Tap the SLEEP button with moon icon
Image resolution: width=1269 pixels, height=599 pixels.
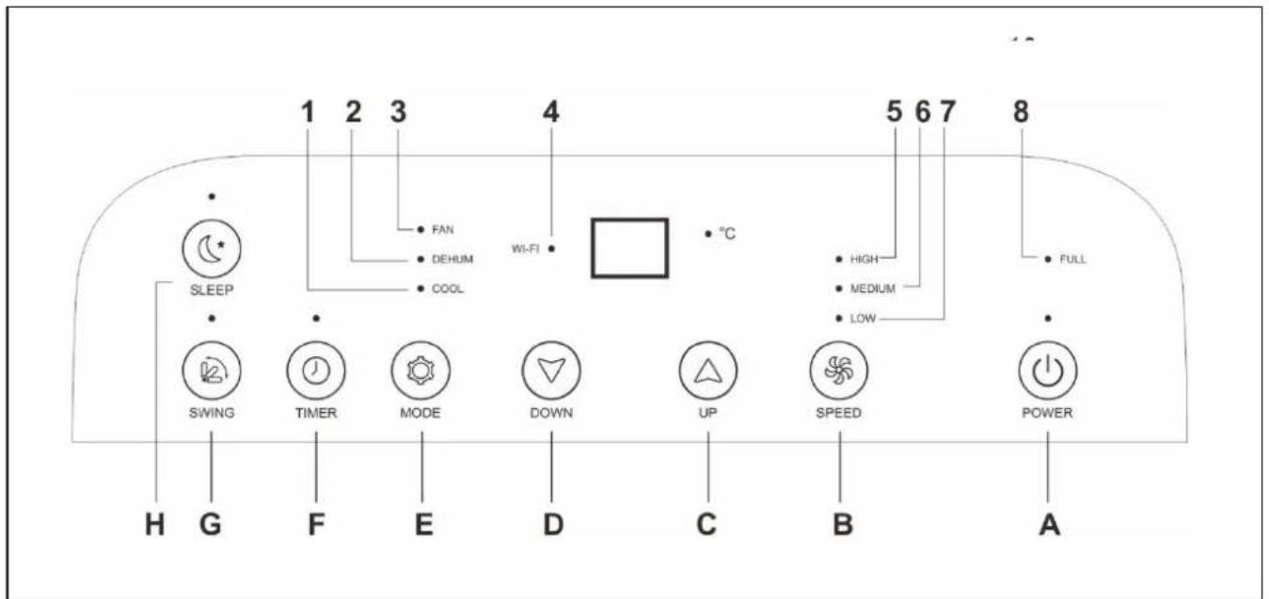pyautogui.click(x=212, y=248)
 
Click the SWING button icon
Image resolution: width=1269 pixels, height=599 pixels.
pyautogui.click(x=212, y=370)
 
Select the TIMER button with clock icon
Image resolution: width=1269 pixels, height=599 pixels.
pyautogui.click(x=316, y=370)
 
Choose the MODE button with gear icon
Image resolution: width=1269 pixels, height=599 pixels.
pyautogui.click(x=420, y=370)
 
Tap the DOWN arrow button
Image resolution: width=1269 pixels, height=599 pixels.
pyautogui.click(x=551, y=370)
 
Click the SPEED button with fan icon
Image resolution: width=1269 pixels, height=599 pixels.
pyautogui.click(x=839, y=370)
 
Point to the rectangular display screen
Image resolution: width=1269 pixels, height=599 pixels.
pyautogui.click(x=629, y=248)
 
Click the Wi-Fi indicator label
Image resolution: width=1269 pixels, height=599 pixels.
pyautogui.click(x=525, y=248)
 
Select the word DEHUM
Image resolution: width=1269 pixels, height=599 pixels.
pyautogui.click(x=452, y=260)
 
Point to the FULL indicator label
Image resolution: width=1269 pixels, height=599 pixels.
pyautogui.click(x=1073, y=260)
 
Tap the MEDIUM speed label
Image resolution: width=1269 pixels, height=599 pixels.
pyautogui.click(x=873, y=289)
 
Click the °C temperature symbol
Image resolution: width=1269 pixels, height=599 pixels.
pyautogui.click(x=727, y=233)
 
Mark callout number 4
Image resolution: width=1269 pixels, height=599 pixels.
pyautogui.click(x=551, y=112)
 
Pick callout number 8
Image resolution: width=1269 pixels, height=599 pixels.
pyautogui.click(x=1021, y=112)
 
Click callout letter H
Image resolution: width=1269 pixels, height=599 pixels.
pyautogui.click(x=154, y=525)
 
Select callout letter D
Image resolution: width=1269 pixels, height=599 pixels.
pyautogui.click(x=553, y=525)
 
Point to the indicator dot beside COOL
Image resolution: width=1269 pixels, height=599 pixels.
pyautogui.click(x=420, y=289)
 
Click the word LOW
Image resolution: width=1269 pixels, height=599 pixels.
pyautogui.click(x=863, y=319)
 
